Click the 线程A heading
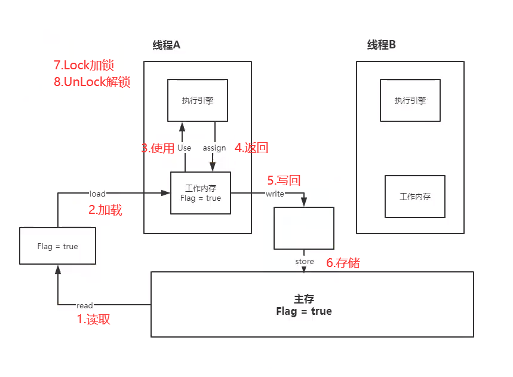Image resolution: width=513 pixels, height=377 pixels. [167, 46]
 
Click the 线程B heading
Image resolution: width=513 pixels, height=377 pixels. [382, 45]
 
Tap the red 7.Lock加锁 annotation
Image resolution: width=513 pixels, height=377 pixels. [84, 65]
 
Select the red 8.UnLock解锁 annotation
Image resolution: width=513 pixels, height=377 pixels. [92, 82]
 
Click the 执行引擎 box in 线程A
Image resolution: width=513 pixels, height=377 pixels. [197, 100]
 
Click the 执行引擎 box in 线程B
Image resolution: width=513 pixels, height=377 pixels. [410, 100]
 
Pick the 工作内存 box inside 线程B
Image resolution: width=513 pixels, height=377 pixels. [415, 197]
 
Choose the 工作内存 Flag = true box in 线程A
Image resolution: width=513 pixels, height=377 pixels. [201, 193]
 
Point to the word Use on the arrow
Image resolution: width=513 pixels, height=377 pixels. [185, 148]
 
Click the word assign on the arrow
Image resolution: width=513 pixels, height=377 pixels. [214, 148]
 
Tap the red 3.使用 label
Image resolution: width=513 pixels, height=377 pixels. [158, 148]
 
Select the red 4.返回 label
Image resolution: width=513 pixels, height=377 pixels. [250, 148]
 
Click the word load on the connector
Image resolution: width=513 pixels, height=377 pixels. [97, 194]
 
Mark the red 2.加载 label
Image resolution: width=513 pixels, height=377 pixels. [105, 210]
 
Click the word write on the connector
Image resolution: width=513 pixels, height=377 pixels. [275, 194]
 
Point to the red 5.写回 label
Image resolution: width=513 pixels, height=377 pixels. [283, 180]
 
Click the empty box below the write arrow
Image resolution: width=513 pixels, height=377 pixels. [304, 228]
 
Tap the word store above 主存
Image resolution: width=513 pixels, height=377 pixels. [305, 262]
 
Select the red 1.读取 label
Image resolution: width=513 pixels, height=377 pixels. [94, 319]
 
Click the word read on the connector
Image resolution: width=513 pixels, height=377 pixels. [85, 306]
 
